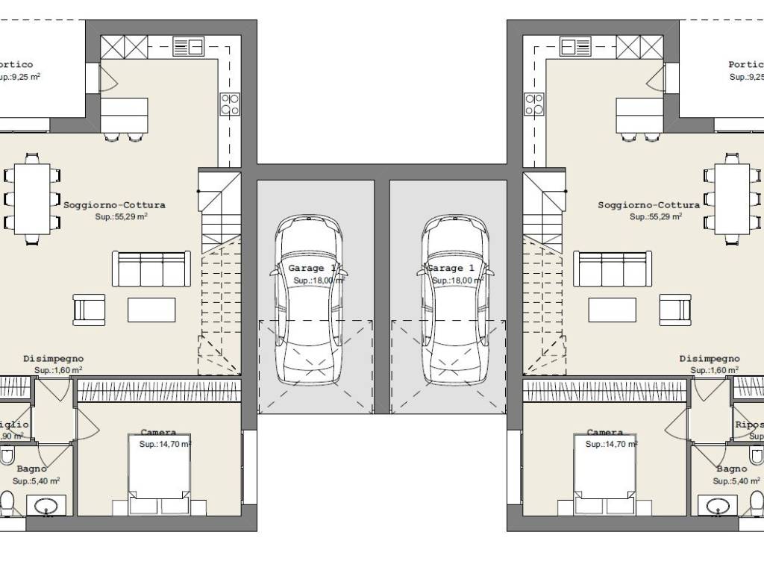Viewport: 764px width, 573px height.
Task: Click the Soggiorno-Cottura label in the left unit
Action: (x=114, y=204)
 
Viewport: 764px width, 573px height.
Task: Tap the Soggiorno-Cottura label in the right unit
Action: (x=648, y=204)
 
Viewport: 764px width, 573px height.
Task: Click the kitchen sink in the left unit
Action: (x=188, y=46)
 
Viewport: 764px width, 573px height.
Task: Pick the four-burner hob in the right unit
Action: (x=533, y=104)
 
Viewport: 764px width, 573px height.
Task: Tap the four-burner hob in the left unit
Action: (x=230, y=104)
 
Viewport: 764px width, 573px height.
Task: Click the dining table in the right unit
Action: (x=731, y=198)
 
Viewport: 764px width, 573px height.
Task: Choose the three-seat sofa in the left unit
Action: (x=150, y=269)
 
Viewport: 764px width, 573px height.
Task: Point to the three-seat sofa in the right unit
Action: (x=613, y=269)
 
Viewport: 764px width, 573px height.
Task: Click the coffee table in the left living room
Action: (x=151, y=309)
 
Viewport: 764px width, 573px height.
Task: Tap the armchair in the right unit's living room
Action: (x=674, y=309)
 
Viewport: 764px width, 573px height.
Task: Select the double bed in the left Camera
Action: (x=159, y=475)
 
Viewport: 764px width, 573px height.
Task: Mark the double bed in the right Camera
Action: (x=604, y=475)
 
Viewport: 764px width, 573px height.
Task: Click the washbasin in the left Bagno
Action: (x=46, y=506)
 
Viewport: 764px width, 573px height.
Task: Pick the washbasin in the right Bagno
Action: (x=717, y=506)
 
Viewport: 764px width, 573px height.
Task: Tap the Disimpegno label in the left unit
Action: (x=53, y=359)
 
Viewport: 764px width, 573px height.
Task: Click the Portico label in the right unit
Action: (x=746, y=65)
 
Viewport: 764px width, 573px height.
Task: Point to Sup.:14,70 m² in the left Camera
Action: (x=165, y=444)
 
